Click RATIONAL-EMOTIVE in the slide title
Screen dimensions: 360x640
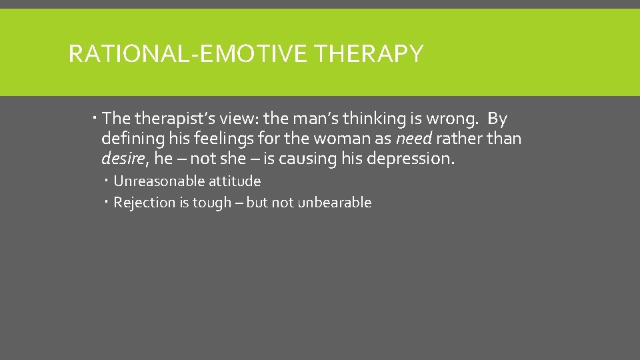point(189,53)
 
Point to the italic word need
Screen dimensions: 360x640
point(413,139)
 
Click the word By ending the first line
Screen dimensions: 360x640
point(497,119)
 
